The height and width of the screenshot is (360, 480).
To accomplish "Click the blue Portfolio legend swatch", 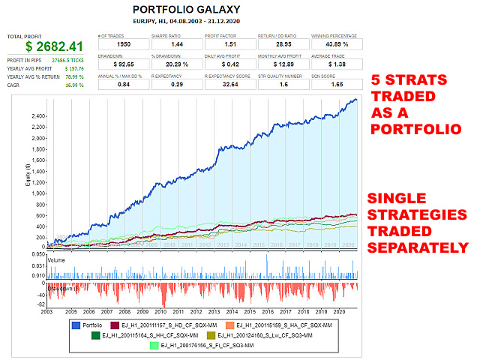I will (x=76, y=324).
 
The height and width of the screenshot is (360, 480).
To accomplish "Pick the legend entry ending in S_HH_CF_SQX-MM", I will (x=161, y=334).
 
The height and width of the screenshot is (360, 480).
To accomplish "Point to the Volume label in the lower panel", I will (x=58, y=261).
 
